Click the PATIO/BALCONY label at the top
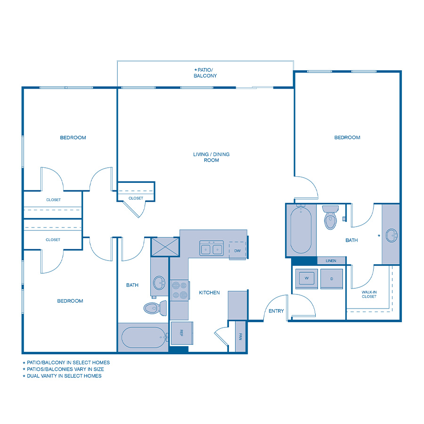pyautogui.click(x=205, y=73)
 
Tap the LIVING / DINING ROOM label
pyautogui.click(x=212, y=157)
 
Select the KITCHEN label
pyautogui.click(x=209, y=293)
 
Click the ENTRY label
pyautogui.click(x=276, y=311)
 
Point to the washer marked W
pyautogui.click(x=306, y=278)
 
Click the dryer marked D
pyautogui.click(x=332, y=278)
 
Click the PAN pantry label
pyautogui.click(x=240, y=336)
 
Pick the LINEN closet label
pyautogui.click(x=331, y=261)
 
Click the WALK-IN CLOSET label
pyautogui.click(x=369, y=294)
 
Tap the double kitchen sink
pyautogui.click(x=211, y=248)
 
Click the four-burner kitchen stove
pyautogui.click(x=179, y=290)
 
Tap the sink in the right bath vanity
pyautogui.click(x=391, y=235)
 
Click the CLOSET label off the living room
pyautogui.click(x=136, y=198)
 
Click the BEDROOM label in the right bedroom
pyautogui.click(x=347, y=138)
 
